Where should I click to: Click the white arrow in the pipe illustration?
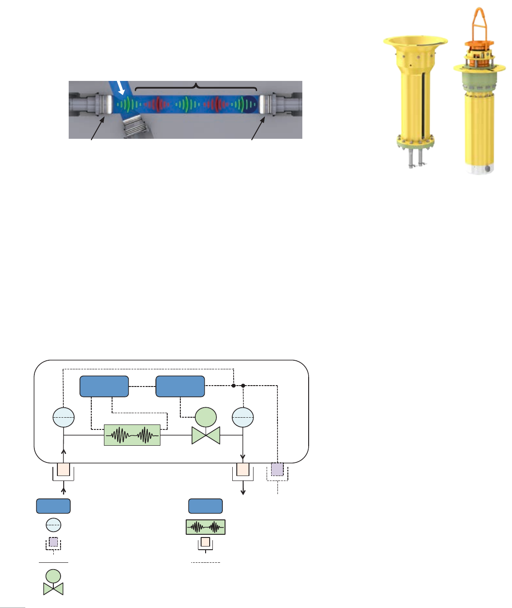(120, 88)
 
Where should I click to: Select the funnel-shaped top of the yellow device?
(416, 46)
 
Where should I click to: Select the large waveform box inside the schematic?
(132, 435)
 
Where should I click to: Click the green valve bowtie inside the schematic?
(206, 435)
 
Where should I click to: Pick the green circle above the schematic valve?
(206, 417)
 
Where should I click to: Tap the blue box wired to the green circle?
(180, 386)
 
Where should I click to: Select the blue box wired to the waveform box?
(104, 386)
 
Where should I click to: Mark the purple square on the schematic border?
(277, 470)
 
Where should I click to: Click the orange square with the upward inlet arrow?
(63, 470)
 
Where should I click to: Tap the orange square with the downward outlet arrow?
(243, 470)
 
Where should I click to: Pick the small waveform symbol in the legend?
(206, 527)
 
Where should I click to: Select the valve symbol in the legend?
(53, 583)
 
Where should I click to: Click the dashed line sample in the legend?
(206, 562)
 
